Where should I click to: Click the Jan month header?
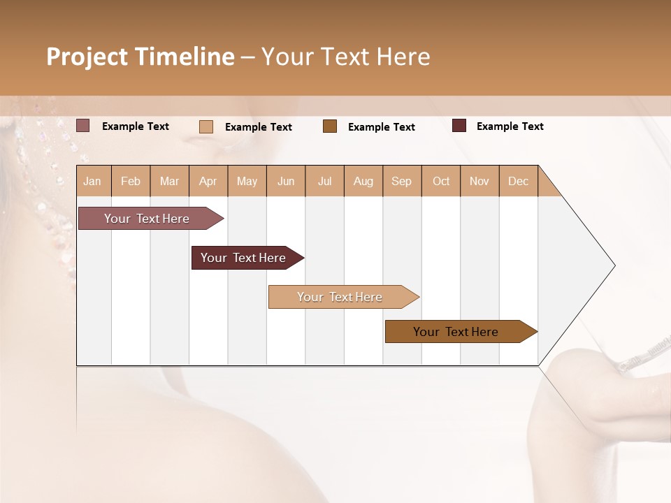pyautogui.click(x=92, y=181)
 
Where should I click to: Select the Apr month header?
pyautogui.click(x=208, y=181)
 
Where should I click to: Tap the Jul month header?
pyautogui.click(x=324, y=181)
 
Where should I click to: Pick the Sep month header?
pyautogui.click(x=401, y=181)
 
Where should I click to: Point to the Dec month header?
pyautogui.click(x=518, y=181)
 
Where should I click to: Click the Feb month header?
pyautogui.click(x=131, y=181)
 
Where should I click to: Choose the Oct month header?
pyautogui.click(x=441, y=181)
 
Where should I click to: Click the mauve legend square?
pyautogui.click(x=82, y=126)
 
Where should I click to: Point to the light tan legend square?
pyautogui.click(x=205, y=126)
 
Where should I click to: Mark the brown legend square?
pyautogui.click(x=330, y=126)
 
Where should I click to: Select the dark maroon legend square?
pyautogui.click(x=459, y=126)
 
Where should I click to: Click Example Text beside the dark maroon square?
pyautogui.click(x=510, y=126)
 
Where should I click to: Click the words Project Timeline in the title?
pyautogui.click(x=140, y=57)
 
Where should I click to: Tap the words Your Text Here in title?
pyautogui.click(x=345, y=57)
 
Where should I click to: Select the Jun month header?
pyautogui.click(x=286, y=181)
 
